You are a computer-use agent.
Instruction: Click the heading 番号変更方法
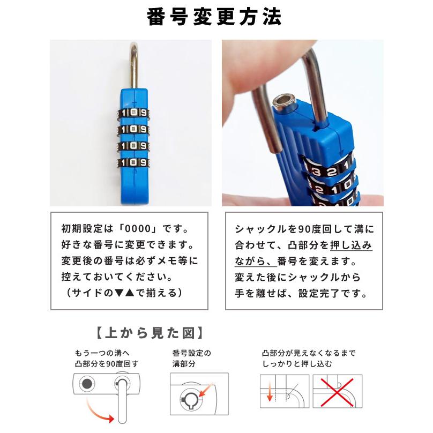(214, 17)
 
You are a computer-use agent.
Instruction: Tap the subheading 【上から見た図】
(150, 333)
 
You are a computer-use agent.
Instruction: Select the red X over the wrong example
(337, 392)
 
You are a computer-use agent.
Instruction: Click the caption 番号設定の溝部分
(192, 359)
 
